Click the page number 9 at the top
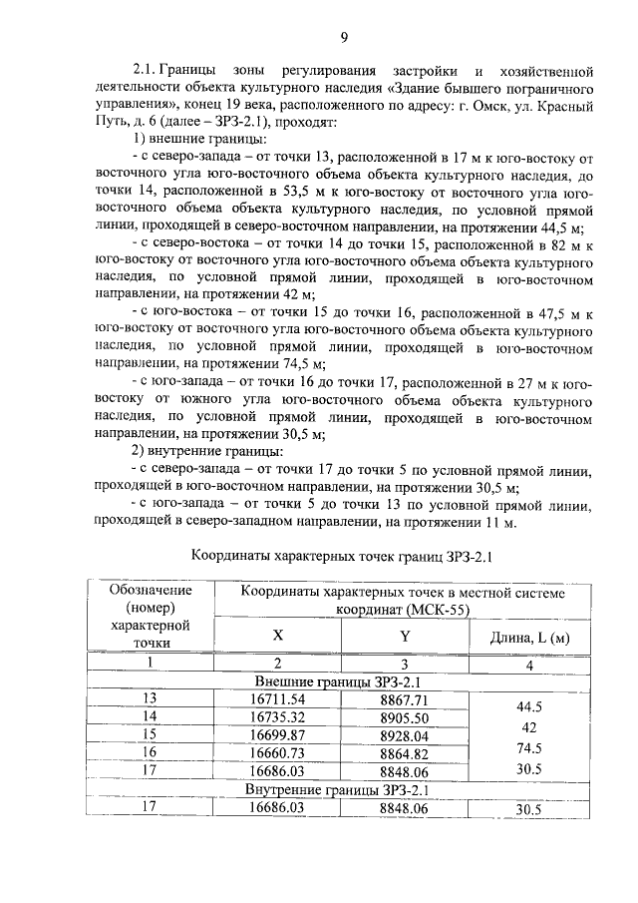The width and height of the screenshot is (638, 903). pos(343,38)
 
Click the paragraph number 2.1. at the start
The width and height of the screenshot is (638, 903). pos(152,71)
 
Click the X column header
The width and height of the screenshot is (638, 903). pos(278,636)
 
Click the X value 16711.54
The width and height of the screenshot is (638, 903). pos(278,698)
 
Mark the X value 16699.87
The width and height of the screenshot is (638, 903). pos(278,734)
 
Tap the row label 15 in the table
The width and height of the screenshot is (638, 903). pos(151,734)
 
